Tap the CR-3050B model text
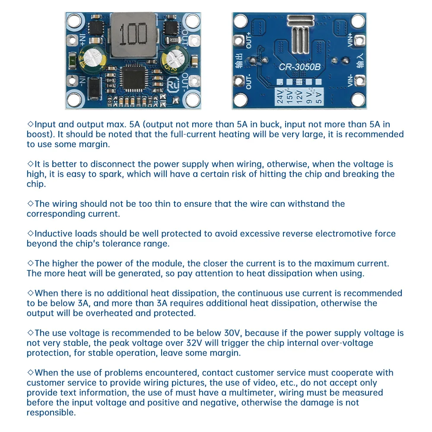(x=299, y=67)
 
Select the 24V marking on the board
(x=280, y=96)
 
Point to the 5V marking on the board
(x=319, y=96)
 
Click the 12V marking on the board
(x=299, y=96)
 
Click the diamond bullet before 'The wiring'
(x=30, y=203)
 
